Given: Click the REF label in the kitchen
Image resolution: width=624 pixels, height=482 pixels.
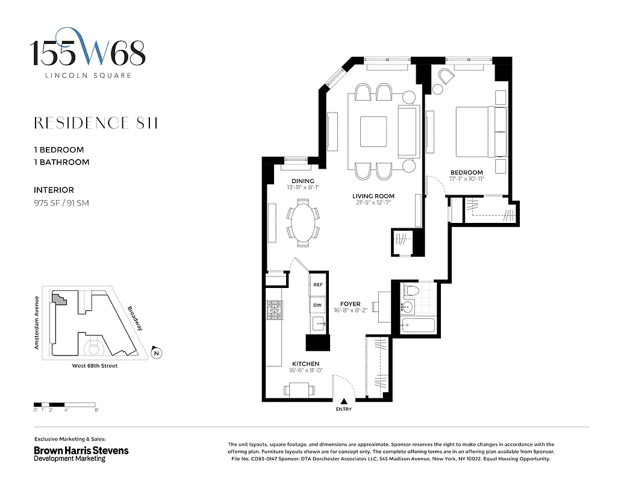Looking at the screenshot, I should [x=317, y=284].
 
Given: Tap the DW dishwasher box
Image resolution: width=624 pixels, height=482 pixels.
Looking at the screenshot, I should [x=317, y=306].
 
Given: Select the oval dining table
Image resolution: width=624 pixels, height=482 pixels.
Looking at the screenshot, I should [x=303, y=223].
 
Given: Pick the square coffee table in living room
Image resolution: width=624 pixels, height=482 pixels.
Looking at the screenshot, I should [x=373, y=128].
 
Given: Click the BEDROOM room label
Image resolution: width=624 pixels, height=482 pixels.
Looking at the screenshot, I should [x=466, y=172].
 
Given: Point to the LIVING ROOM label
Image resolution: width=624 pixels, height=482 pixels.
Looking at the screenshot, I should [x=373, y=196].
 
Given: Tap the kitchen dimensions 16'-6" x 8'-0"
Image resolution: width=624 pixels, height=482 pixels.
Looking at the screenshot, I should [x=305, y=372].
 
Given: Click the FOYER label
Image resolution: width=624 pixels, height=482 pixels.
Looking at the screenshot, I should [x=350, y=304].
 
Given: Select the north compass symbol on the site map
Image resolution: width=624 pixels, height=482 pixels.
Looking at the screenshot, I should [x=156, y=353].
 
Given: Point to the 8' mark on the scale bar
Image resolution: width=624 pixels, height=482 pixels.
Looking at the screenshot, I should [x=96, y=410].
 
